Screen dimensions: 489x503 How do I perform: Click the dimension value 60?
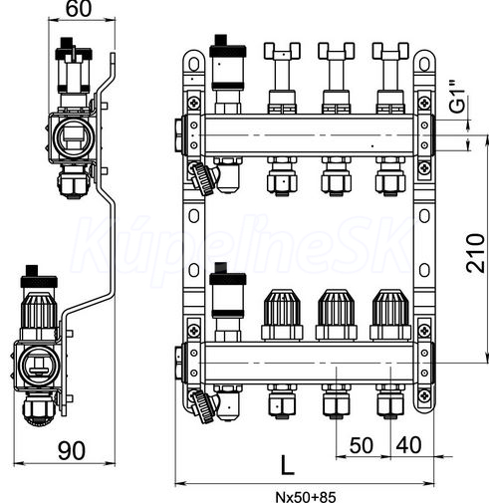click(x=79, y=9)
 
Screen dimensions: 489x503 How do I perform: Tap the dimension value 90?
click(x=72, y=450)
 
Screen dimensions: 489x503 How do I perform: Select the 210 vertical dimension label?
click(x=475, y=253)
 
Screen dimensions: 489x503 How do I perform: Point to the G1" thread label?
click(x=457, y=97)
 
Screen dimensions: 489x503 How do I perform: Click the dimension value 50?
click(x=362, y=445)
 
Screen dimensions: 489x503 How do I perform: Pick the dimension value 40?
click(x=409, y=445)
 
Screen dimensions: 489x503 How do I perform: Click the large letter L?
click(x=287, y=465)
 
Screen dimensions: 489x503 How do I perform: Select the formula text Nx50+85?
click(x=306, y=497)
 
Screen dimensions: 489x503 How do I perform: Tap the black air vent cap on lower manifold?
click(x=228, y=275)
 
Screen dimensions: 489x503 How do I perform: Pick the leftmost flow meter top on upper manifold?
click(x=282, y=51)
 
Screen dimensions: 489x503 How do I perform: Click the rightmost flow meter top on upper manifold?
click(x=390, y=51)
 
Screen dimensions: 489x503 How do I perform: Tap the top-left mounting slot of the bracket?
click(x=194, y=64)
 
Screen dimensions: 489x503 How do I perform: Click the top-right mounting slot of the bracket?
click(x=424, y=64)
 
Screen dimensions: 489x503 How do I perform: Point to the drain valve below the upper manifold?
click(x=203, y=177)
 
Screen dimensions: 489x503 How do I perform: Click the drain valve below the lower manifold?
click(x=203, y=405)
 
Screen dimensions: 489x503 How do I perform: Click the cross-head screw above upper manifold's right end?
click(x=424, y=103)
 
